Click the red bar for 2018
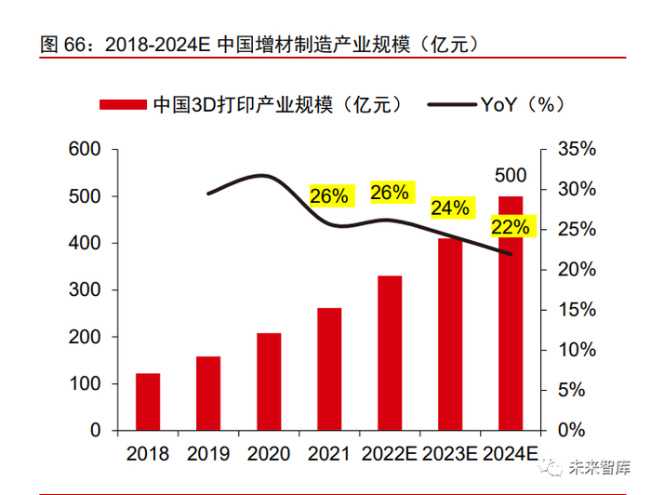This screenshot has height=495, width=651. click(x=148, y=402)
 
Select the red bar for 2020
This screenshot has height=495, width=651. click(x=269, y=381)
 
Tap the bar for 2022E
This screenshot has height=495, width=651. click(x=390, y=354)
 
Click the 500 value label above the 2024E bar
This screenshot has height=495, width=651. click(x=511, y=176)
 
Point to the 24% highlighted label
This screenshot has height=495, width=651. click(x=450, y=207)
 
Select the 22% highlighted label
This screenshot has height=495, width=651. click(x=511, y=227)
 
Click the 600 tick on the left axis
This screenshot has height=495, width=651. click(x=84, y=150)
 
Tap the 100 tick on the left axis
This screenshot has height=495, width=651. click(x=84, y=384)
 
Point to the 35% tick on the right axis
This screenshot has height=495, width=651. click(x=577, y=150)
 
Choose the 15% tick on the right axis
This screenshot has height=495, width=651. click(x=577, y=310)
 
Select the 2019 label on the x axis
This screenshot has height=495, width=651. click(x=208, y=454)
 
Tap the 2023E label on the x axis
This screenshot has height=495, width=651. click(x=450, y=454)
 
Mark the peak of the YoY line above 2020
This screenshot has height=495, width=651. click(x=264, y=175)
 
